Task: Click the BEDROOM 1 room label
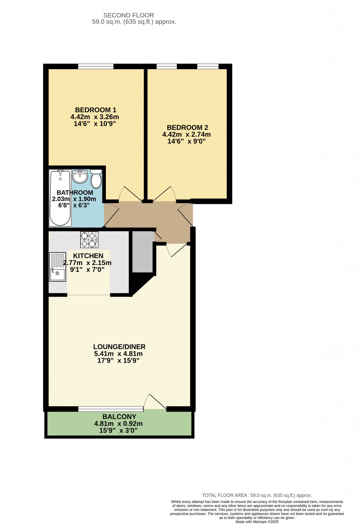pos(96,110)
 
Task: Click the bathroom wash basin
pos(80,176)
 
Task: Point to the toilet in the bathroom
pos(96,178)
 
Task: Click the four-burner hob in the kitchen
pos(89,240)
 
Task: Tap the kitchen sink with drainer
pos(58,267)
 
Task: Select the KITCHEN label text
pos(88,256)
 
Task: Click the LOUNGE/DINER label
pos(119,347)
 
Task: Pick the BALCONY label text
pos(119,417)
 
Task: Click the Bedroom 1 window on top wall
pos(96,66)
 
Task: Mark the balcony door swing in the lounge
pos(154,402)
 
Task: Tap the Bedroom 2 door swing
pos(164,194)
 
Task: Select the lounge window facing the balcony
pos(111,409)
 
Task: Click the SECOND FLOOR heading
pos(128,16)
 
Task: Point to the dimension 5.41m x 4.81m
pos(118,354)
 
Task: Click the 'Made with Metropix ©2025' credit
pos(257,522)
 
